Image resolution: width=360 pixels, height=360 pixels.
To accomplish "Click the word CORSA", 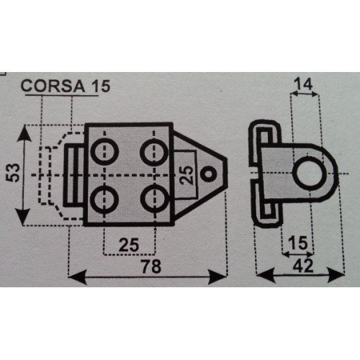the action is click(53, 86).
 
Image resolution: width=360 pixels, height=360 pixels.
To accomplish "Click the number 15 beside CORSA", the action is click(102, 86).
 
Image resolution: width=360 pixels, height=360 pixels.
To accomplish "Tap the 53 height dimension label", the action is click(13, 173).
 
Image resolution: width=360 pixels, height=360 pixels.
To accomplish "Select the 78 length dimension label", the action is click(151, 266).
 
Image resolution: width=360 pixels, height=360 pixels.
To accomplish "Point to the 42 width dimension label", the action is click(303, 266).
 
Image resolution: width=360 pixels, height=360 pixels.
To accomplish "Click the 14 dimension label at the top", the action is click(304, 84).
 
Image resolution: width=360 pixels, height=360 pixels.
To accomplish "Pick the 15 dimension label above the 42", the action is click(298, 243).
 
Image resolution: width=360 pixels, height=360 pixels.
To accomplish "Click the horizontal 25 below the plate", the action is click(129, 245).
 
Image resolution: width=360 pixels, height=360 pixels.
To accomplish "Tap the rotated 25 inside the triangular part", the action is click(186, 175).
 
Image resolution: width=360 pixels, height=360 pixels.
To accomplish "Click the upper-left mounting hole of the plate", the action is click(104, 151).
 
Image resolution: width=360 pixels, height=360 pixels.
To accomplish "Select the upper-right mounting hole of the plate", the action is click(154, 151).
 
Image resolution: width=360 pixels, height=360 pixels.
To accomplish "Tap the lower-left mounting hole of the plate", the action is click(104, 199).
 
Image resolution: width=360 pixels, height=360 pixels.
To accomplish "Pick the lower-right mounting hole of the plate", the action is click(154, 199).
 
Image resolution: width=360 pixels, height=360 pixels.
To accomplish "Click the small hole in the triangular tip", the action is click(208, 174).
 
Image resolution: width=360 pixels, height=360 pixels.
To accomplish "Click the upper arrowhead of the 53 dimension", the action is click(24, 133).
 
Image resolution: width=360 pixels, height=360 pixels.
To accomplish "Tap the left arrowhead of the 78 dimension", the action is click(77, 276).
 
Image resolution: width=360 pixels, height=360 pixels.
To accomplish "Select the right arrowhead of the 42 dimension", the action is click(336, 275).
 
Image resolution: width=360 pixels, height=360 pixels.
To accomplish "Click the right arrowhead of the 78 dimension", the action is click(217, 276).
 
